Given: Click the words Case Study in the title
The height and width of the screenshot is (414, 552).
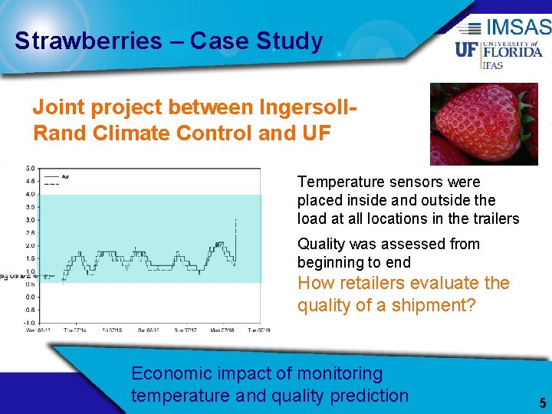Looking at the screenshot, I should [257, 41].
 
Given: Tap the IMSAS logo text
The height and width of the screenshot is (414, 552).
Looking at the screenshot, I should [517, 28].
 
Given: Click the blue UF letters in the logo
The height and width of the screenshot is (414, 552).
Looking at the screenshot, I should [467, 51].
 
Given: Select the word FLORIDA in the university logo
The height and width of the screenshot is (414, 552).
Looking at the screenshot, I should [512, 52].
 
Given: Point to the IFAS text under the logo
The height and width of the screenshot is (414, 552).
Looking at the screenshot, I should [491, 65].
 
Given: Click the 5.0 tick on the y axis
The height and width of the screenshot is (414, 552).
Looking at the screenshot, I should [29, 168].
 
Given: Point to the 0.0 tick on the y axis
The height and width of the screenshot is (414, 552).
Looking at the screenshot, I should [29, 297].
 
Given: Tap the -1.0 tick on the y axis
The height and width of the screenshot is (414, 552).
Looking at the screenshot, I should [28, 323].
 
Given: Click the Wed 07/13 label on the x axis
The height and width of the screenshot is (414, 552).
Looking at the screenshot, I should [38, 330].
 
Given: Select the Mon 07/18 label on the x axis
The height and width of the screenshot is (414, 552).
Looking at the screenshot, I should [222, 330].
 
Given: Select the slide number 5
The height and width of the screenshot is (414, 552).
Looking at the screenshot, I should [542, 402].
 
